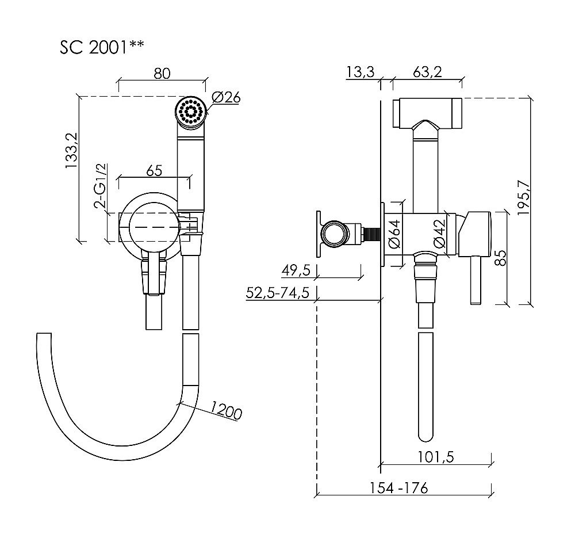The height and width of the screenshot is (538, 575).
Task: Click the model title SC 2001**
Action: tap(102, 47)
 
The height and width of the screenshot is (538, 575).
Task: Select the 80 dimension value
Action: tap(162, 74)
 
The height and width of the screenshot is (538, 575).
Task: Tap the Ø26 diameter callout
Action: tap(226, 97)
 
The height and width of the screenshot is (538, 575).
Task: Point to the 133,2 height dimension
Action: tap(72, 150)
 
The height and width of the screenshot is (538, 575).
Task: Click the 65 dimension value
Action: tap(154, 171)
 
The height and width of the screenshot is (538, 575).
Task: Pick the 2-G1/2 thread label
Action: tap(101, 186)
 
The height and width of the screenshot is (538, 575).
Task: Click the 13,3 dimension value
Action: tap(360, 72)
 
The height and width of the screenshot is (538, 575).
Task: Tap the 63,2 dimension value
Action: tap(427, 72)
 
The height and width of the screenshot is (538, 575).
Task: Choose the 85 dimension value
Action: tap(501, 257)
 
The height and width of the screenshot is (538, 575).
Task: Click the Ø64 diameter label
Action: tap(394, 234)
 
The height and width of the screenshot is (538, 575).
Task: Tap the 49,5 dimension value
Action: tap(296, 270)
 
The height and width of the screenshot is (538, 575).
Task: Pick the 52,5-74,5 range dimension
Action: tap(278, 292)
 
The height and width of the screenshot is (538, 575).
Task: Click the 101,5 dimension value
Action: tap(436, 457)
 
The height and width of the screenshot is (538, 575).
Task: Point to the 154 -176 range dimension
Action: tap(398, 488)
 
